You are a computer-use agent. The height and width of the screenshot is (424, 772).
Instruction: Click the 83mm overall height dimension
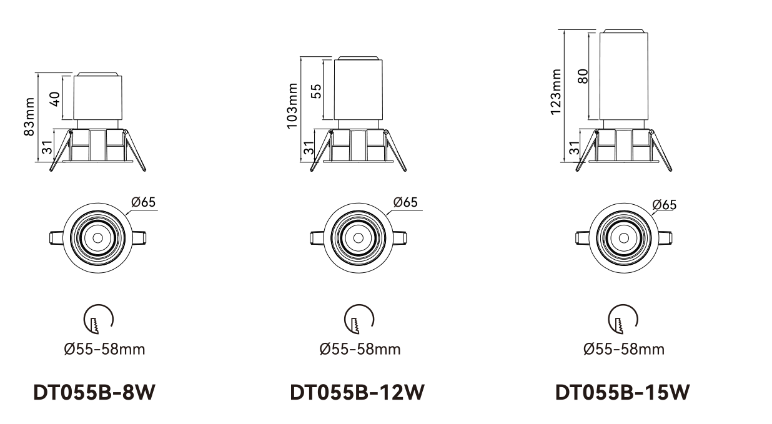tap(29, 117)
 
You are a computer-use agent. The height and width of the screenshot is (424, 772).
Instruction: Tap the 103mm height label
tap(292, 106)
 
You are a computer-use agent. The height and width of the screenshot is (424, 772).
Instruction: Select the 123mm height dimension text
tap(555, 92)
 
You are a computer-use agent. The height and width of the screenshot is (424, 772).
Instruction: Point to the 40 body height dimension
tap(55, 99)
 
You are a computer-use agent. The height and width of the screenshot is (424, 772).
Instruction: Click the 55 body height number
tap(316, 91)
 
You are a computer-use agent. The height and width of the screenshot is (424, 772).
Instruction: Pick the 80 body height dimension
tap(583, 76)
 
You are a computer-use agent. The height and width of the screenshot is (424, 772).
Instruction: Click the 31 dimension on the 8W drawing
tap(47, 147)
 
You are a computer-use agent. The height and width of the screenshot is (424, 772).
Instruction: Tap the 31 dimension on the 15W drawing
tap(574, 148)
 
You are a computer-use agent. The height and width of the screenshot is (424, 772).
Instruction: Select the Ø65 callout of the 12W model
tap(405, 202)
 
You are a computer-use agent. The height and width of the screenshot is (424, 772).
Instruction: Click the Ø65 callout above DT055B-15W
tap(665, 205)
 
